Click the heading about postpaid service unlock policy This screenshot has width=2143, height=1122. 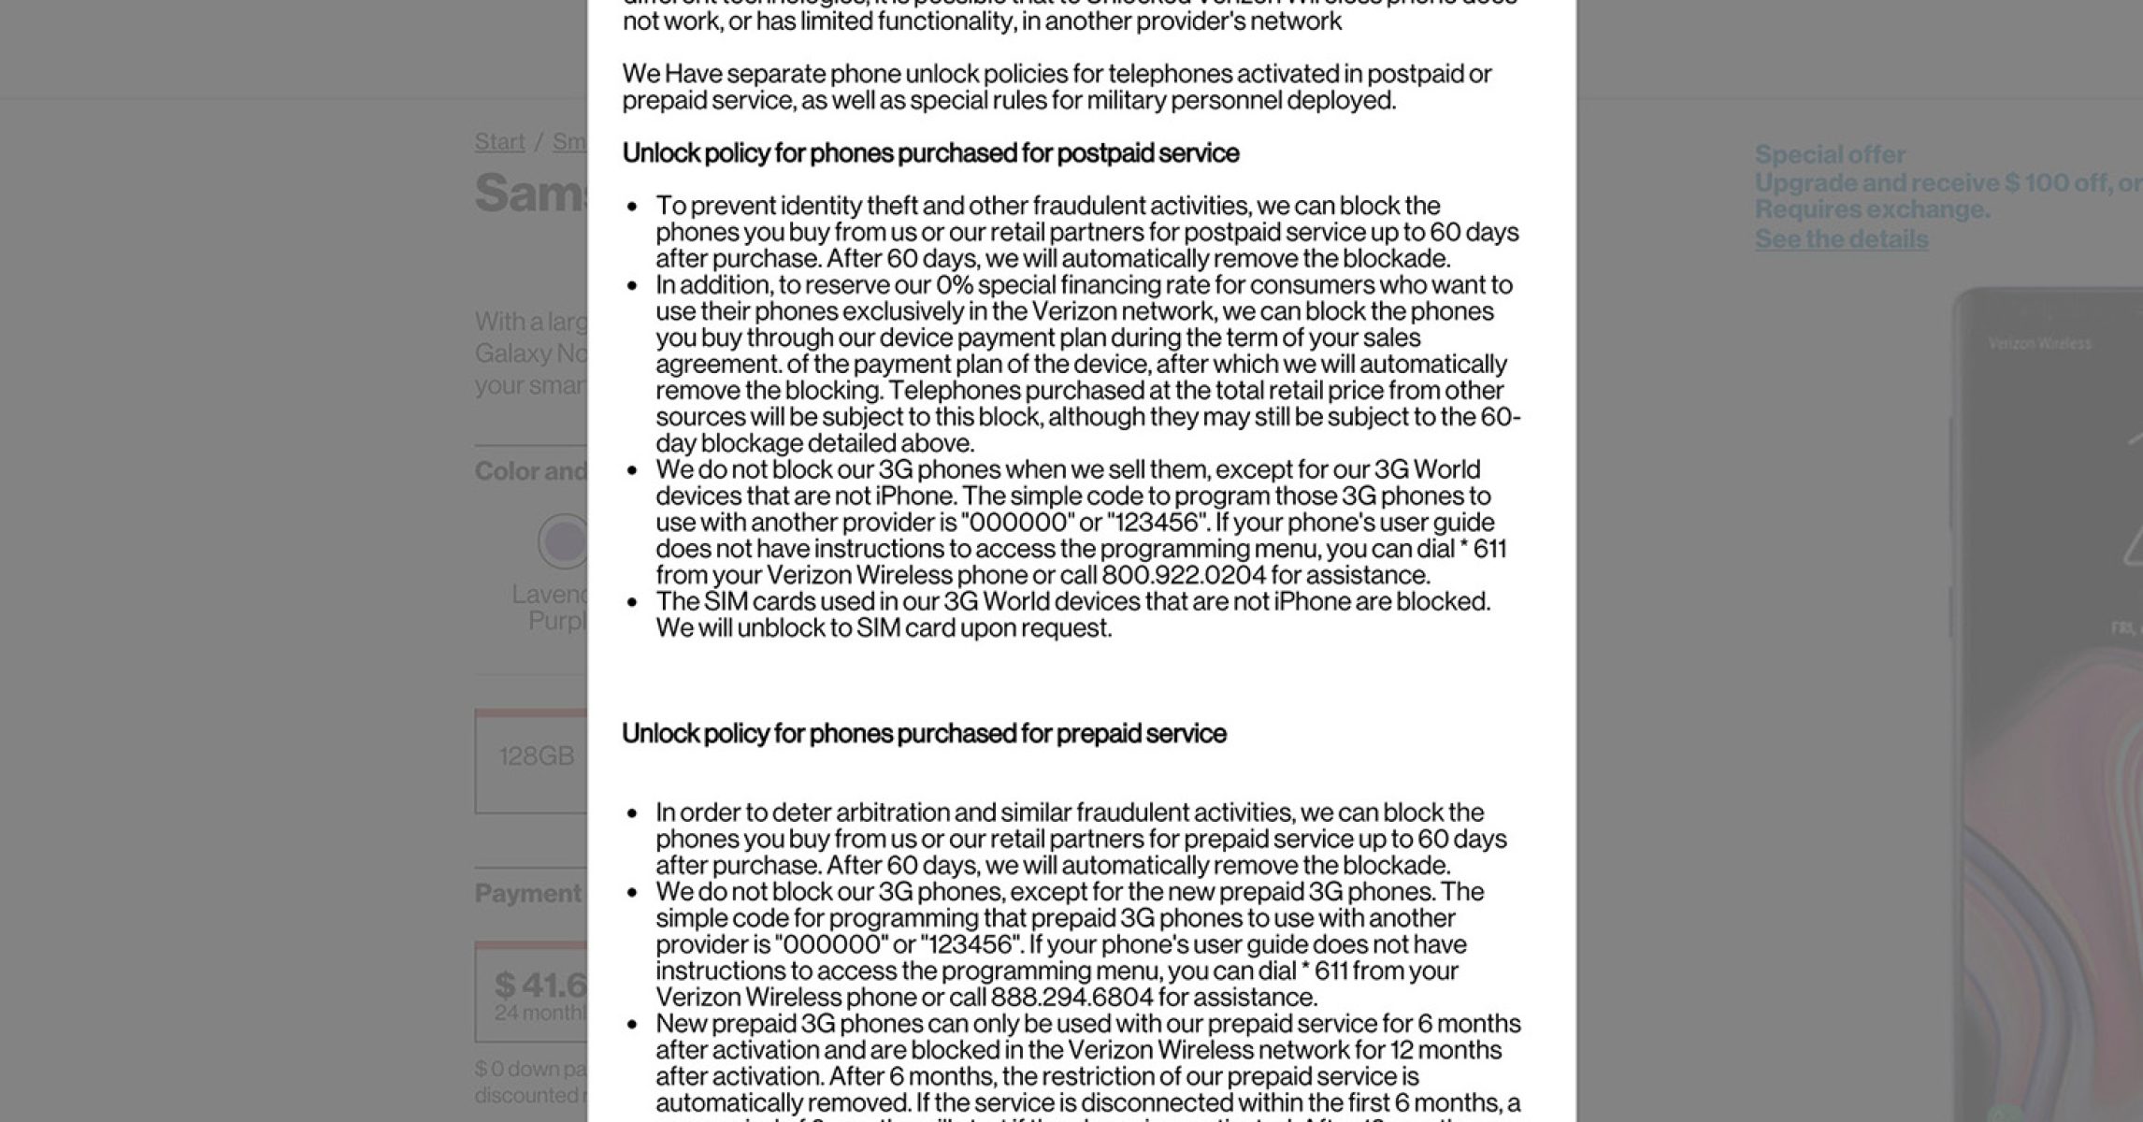tap(930, 153)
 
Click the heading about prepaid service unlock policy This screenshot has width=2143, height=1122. tap(924, 734)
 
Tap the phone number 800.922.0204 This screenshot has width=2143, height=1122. tap(1184, 575)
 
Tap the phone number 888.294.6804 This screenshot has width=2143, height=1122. tap(1072, 998)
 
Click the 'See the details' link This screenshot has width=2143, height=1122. tap(1841, 239)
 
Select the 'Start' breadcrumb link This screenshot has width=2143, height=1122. tap(499, 142)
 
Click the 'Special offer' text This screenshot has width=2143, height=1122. tap(1830, 155)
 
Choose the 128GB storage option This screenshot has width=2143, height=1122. tap(536, 757)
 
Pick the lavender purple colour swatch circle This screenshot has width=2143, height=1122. tap(563, 541)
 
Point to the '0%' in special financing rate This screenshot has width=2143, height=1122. tap(955, 285)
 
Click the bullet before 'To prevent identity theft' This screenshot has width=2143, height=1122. tap(634, 207)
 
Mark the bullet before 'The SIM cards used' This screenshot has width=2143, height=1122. tap(634, 602)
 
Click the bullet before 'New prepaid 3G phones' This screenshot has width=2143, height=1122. tap(634, 1025)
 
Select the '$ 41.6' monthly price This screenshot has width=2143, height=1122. tap(540, 985)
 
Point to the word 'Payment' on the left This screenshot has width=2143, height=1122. tap(528, 894)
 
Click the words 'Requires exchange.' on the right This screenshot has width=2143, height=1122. tap(1872, 209)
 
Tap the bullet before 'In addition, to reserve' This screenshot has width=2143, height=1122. tap(634, 286)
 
